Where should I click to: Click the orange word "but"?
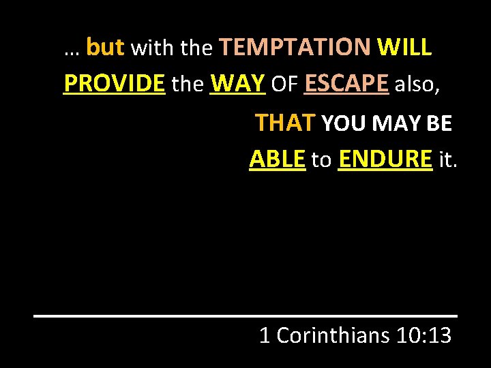(x=105, y=47)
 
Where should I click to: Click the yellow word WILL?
(x=403, y=47)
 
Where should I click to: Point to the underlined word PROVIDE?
(x=114, y=83)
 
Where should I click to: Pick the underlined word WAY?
(x=237, y=83)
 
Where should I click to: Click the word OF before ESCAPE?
(x=284, y=84)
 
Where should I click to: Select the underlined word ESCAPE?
(x=346, y=83)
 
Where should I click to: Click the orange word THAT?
(x=284, y=123)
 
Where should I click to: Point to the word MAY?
(x=395, y=123)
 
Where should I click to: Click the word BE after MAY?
(x=439, y=123)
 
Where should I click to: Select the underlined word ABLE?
(x=277, y=159)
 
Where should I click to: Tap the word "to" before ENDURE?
(x=321, y=160)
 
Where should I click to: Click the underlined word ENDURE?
(x=385, y=159)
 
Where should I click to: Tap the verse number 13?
(x=437, y=335)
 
